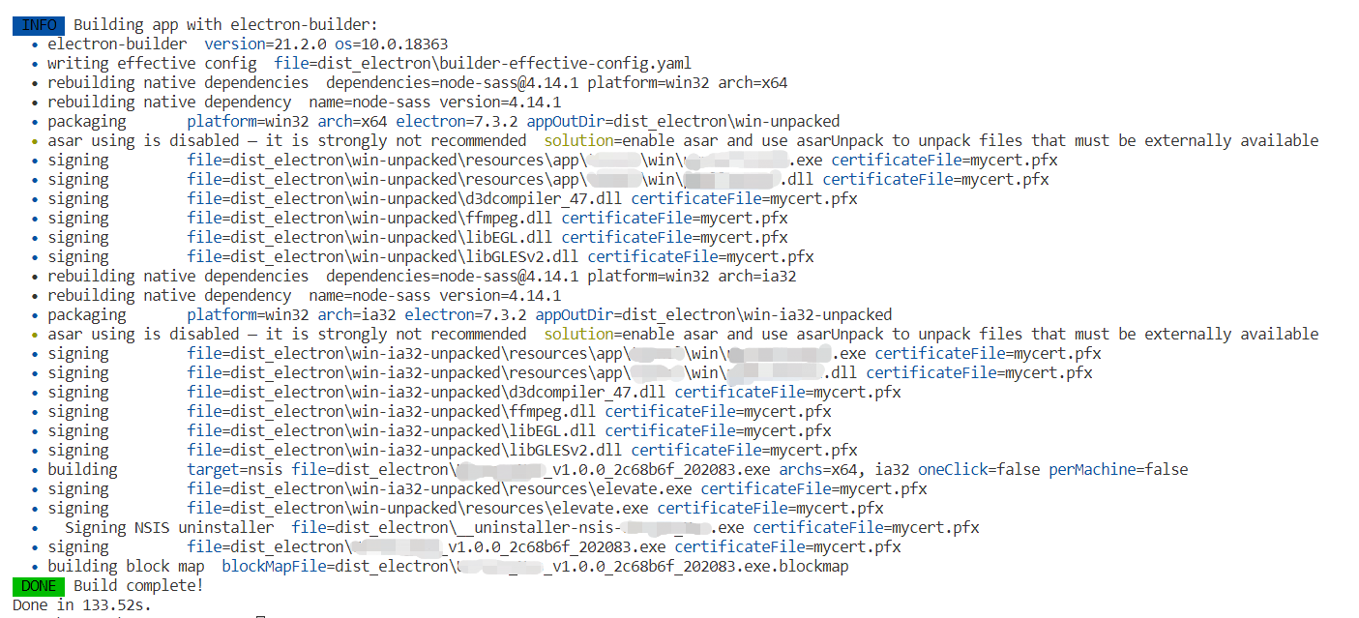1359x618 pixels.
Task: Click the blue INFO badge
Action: point(38,24)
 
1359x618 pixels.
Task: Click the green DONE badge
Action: point(38,585)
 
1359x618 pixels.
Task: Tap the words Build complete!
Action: point(138,585)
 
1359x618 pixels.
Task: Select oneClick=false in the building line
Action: point(979,469)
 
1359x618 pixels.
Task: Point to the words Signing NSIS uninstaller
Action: point(169,527)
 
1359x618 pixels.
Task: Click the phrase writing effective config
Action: point(152,63)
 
